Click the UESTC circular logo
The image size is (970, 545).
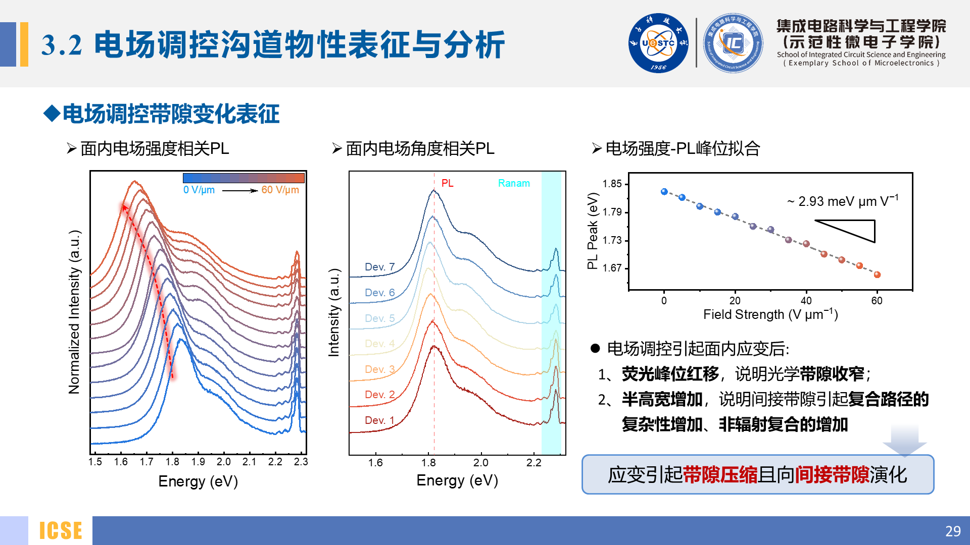[x=658, y=43]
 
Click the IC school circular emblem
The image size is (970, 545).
[x=733, y=43]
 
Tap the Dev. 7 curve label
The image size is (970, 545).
[x=379, y=266]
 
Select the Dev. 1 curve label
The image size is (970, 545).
[x=379, y=420]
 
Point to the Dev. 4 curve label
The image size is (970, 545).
[x=379, y=343]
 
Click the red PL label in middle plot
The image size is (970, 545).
[x=447, y=183]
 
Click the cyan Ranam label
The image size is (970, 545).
[x=514, y=183]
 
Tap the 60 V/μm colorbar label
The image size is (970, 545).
[x=280, y=190]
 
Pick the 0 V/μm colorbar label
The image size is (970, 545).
[x=199, y=190]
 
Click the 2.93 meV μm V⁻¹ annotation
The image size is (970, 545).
[x=843, y=201]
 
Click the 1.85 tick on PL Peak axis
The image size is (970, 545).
[x=612, y=184]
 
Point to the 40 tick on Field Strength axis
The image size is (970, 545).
[x=806, y=301]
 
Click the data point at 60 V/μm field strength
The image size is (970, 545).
[x=877, y=275]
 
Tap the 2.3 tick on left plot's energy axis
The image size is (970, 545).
[x=301, y=462]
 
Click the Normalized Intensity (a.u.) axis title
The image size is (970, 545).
[x=74, y=312]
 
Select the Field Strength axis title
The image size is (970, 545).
[x=770, y=314]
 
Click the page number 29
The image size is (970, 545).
[x=953, y=531]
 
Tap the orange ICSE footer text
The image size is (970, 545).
[x=61, y=531]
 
